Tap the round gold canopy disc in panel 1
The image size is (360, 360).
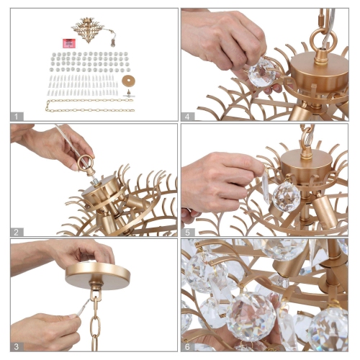tap(130, 79)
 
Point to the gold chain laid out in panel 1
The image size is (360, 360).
tap(90, 105)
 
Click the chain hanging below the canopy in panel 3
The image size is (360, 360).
tap(94, 324)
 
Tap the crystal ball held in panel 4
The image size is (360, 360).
tap(264, 71)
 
